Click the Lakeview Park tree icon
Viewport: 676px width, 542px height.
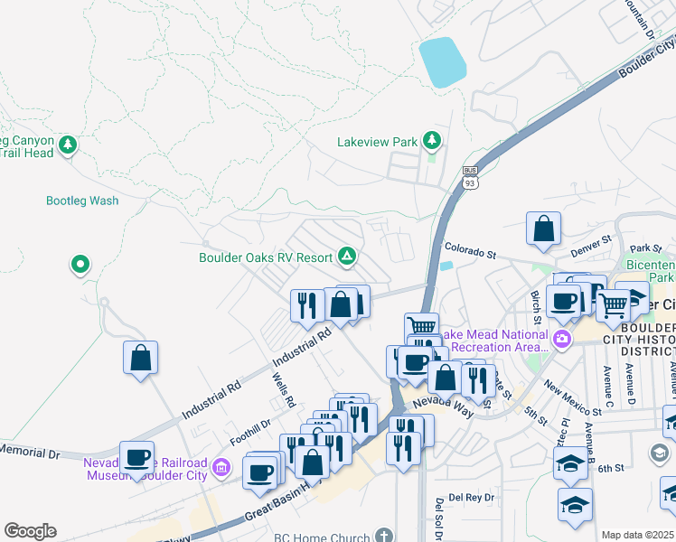(x=433, y=140)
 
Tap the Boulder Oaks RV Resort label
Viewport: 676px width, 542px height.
(x=266, y=257)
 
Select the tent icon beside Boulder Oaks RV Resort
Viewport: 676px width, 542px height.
(x=346, y=257)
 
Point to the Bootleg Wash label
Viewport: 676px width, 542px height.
(x=82, y=201)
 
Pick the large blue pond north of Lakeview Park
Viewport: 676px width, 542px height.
(x=443, y=62)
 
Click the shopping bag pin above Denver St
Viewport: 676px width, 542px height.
(x=544, y=230)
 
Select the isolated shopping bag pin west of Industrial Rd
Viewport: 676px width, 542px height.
(x=141, y=357)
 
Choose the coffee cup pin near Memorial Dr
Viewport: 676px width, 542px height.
(x=136, y=457)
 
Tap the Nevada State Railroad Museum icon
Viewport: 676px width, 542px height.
(x=223, y=470)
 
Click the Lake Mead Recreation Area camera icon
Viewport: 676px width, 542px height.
(x=562, y=340)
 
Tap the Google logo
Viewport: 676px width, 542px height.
(x=30, y=531)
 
